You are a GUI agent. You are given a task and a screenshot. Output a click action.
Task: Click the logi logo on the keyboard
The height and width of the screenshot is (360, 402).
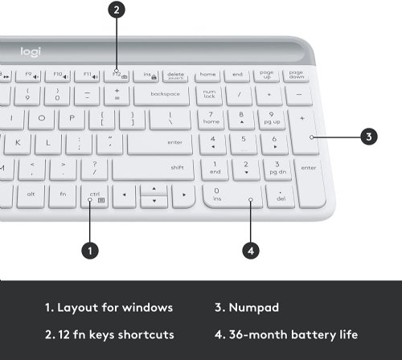[29, 52]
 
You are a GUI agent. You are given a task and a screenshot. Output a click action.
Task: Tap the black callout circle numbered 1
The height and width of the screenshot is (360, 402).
[91, 250]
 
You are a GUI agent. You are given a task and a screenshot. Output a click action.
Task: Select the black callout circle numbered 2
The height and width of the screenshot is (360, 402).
[117, 10]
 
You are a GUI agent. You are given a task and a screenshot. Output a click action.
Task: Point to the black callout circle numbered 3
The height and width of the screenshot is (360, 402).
[368, 137]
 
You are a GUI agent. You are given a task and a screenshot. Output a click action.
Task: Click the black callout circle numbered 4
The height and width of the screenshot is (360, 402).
[251, 250]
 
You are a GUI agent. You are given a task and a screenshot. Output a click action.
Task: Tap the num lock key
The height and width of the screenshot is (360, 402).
[209, 94]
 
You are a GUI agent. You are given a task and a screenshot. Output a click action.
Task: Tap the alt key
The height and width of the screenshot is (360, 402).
[31, 194]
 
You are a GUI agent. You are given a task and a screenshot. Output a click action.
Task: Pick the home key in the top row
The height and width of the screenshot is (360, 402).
[207, 75]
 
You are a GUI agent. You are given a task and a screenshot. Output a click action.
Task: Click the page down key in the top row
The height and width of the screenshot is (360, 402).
[297, 75]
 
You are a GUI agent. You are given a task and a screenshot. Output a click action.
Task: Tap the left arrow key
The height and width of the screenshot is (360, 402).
[124, 194]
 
